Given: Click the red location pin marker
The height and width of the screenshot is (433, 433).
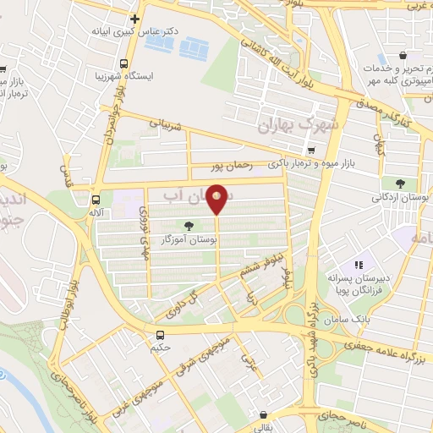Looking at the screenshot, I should (x=217, y=199).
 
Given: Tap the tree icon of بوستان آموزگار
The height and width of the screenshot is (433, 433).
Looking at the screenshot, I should (x=188, y=226).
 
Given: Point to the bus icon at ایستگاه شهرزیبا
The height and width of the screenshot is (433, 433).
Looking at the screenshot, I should (x=125, y=64).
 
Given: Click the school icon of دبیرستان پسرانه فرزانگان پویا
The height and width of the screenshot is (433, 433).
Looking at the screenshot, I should (x=358, y=266).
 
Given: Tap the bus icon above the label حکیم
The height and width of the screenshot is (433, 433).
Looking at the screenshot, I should (x=160, y=336).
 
